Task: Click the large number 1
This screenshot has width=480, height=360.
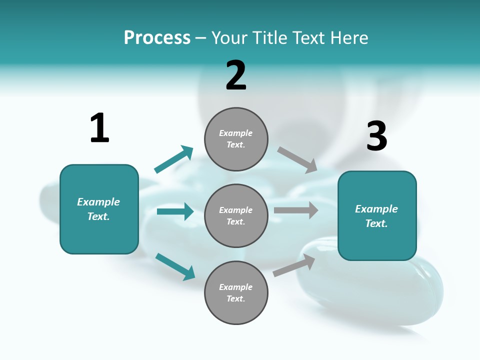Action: click(99, 128)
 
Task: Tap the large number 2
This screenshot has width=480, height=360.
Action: click(236, 75)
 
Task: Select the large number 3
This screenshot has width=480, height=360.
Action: click(377, 136)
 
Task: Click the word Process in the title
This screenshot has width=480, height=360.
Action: click(157, 37)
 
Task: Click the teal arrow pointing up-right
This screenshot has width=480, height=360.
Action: click(174, 159)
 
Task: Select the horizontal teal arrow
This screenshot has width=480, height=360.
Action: click(175, 211)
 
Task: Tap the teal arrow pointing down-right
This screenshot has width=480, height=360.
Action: click(175, 266)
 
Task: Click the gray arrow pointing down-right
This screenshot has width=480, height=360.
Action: click(297, 159)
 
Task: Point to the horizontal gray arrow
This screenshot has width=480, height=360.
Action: click(296, 210)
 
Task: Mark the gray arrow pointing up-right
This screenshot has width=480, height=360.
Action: click(294, 265)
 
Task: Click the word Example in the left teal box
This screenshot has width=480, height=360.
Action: click(98, 202)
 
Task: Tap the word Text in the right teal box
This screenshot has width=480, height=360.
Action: click(376, 223)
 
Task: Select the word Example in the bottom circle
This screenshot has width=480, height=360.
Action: click(236, 287)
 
